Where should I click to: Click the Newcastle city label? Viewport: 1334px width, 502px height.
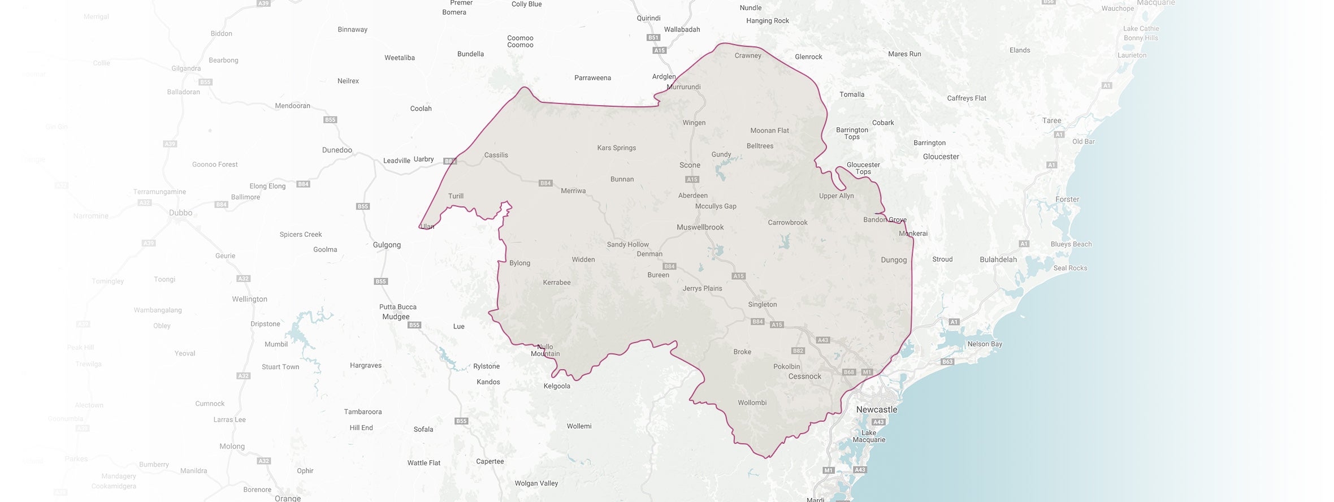point(876,409)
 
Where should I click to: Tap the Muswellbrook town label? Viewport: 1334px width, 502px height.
point(700,227)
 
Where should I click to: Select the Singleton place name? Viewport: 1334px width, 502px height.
point(762,304)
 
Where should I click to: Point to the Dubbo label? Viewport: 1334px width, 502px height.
point(180,213)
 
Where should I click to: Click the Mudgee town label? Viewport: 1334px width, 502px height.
point(396,317)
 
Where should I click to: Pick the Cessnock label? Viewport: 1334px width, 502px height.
point(804,376)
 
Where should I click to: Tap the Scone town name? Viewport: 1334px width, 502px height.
point(690,165)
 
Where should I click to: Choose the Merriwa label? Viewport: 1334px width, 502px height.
point(573,191)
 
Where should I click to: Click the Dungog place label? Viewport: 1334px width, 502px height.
point(894,260)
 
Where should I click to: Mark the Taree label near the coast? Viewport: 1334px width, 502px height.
point(1051,120)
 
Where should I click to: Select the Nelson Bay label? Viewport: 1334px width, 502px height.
point(985,344)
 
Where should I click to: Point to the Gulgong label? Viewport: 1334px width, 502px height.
point(387,245)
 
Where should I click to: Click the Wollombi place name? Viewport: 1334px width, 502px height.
point(752,403)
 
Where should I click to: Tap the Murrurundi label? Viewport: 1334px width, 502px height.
point(683,87)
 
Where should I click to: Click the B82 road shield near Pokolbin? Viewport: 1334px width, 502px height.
point(798,351)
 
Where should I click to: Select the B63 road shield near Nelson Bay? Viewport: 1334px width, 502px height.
point(947,362)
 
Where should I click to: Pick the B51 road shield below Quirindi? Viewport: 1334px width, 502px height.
point(653,38)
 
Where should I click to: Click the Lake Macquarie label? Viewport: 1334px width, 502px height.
point(869,436)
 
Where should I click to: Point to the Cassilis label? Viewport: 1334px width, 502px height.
point(496,155)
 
